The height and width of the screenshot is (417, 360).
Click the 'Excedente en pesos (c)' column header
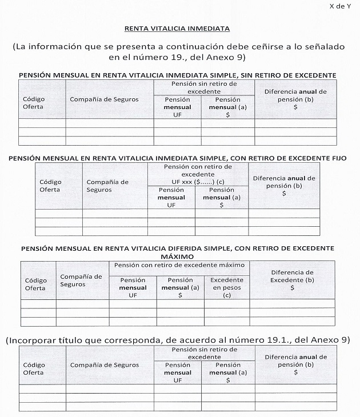pyautogui.click(x=227, y=287)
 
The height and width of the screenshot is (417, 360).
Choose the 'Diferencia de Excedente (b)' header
pyautogui.click(x=292, y=280)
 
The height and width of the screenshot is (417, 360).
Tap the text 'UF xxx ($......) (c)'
pyautogui.click(x=198, y=182)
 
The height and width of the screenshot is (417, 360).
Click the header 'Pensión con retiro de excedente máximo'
pyautogui.click(x=179, y=265)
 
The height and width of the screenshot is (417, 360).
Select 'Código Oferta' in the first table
pyautogui.click(x=34, y=103)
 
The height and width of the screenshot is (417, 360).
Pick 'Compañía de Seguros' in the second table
pyautogui.click(x=108, y=186)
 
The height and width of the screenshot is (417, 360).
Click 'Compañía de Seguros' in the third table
pyautogui.click(x=81, y=280)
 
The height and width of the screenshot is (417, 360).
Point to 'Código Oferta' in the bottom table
pyautogui.click(x=34, y=368)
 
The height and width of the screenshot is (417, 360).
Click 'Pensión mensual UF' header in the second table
pyautogui.click(x=171, y=198)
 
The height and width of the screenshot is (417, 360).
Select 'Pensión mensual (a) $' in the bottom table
pyautogui.click(x=227, y=372)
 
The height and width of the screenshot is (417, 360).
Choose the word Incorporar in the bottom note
pyautogui.click(x=35, y=340)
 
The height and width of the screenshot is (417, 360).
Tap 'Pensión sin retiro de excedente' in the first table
pyautogui.click(x=204, y=87)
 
